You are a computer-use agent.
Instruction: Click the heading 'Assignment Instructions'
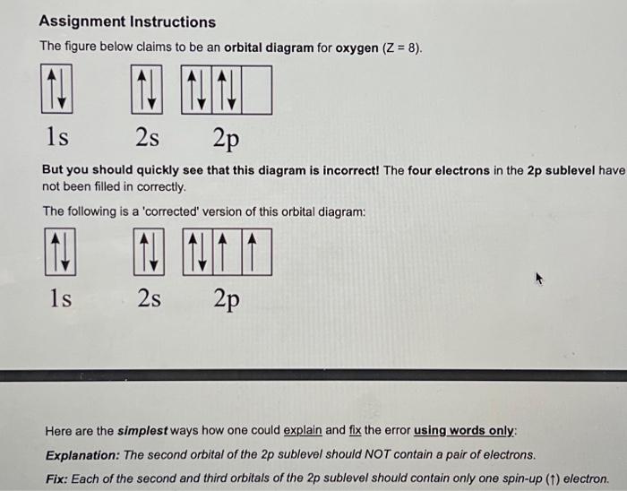pos(129,22)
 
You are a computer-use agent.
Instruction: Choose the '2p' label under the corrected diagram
pos(227,299)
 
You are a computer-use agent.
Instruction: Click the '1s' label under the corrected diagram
pos(59,297)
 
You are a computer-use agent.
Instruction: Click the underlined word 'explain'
pos(302,431)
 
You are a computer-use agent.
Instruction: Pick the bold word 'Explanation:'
pos(82,454)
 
